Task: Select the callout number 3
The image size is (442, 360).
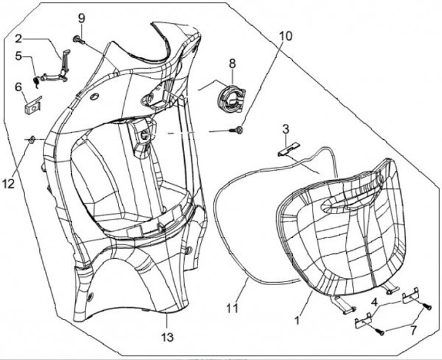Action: [285, 129]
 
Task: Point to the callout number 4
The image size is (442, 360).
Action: [373, 301]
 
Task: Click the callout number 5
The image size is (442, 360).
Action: [19, 56]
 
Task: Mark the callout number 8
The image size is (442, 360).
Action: [232, 63]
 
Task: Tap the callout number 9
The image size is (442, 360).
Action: [80, 18]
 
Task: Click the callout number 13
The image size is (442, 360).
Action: [167, 337]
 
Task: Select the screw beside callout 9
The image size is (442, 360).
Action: [77, 40]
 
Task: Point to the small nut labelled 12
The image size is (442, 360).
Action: [29, 140]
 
